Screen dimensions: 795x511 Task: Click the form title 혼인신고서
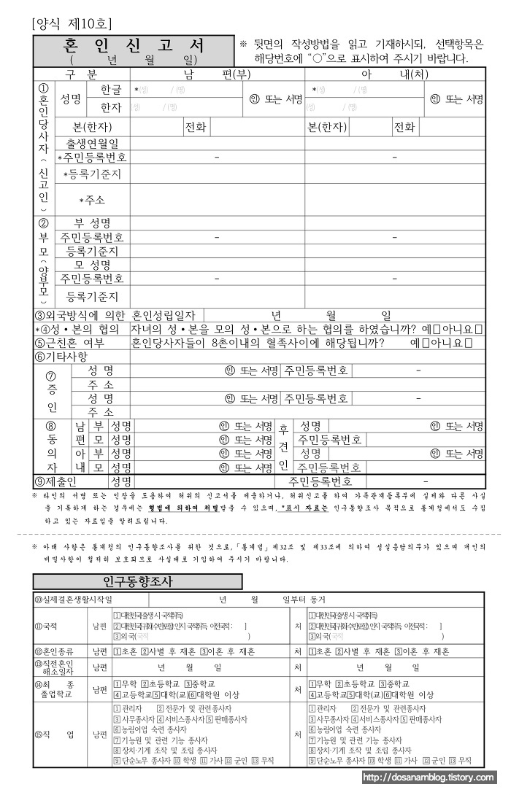click(133, 46)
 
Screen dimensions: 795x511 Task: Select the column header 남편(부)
click(217, 75)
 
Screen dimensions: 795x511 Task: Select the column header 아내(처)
click(394, 75)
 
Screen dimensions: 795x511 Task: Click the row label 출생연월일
click(93, 143)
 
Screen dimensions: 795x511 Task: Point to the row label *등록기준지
click(93, 174)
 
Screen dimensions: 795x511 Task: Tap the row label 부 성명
click(93, 223)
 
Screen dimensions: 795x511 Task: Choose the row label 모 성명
click(93, 265)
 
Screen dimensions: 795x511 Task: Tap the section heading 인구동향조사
click(137, 581)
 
